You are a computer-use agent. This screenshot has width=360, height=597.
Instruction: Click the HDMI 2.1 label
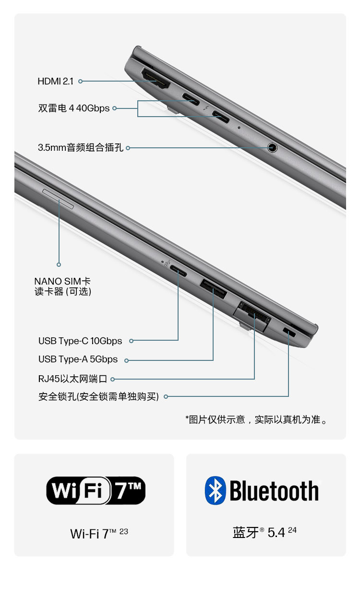[x=56, y=81]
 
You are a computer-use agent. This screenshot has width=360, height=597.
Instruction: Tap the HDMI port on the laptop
[x=156, y=78]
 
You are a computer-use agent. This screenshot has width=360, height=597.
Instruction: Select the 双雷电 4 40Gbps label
[x=74, y=108]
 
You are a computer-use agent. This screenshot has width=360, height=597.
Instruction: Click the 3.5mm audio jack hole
[x=272, y=147]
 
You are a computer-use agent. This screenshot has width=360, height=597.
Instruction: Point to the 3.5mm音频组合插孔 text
[x=81, y=147]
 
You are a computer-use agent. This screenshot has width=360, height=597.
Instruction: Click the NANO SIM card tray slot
[x=58, y=199]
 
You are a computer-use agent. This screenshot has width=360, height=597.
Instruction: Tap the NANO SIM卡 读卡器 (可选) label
[x=63, y=286]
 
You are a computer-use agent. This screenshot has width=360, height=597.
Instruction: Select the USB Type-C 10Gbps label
[x=80, y=341]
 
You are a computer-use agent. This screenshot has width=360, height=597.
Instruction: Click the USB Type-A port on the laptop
[x=213, y=288]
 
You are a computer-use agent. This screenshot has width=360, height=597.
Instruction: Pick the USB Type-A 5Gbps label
[x=78, y=359]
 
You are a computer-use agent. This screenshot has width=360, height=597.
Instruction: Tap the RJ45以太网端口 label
[x=72, y=379]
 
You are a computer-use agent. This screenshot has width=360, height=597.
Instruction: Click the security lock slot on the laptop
[x=289, y=332]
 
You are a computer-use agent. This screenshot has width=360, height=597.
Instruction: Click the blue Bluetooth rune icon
[x=215, y=490]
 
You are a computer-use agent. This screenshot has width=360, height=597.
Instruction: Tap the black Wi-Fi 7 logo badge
[x=96, y=490]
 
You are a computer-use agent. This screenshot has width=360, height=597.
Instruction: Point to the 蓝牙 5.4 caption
[x=264, y=533]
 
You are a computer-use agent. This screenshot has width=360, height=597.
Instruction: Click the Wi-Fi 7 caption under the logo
[x=99, y=534]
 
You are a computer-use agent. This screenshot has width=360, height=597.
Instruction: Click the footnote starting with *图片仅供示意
[x=256, y=420]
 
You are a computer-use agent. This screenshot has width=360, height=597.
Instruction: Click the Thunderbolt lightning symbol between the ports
[x=206, y=108]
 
